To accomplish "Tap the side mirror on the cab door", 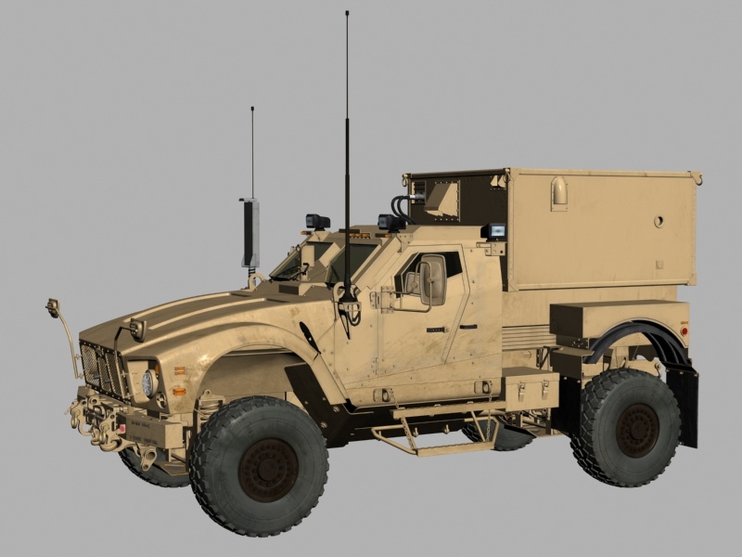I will (x=432, y=281).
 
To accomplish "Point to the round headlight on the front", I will (x=148, y=382).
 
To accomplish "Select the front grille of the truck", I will (x=103, y=369).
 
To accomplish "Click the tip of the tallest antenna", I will (x=347, y=13).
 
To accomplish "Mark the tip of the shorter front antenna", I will (x=252, y=109).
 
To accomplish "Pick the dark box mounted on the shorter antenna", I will (x=250, y=233).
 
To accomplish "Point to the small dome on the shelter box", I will (x=559, y=192).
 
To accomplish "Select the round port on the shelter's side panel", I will (x=659, y=221).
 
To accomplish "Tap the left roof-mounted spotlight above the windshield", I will (x=317, y=222).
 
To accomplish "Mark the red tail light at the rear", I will (x=684, y=330).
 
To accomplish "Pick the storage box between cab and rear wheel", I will (x=530, y=389).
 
